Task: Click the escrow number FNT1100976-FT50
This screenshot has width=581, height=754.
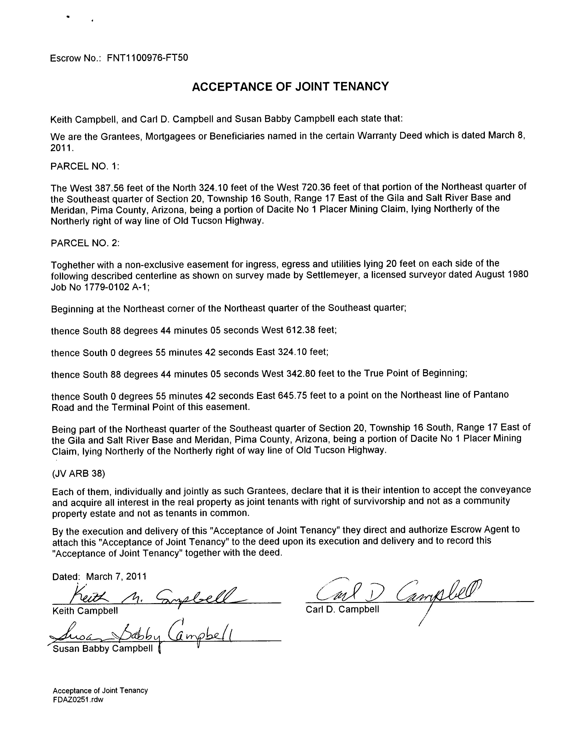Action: point(147,58)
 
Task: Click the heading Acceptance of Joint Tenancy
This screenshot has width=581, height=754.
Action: point(290,86)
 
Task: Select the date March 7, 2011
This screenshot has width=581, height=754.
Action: point(116,576)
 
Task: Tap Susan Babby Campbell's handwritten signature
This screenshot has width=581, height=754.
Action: point(141,634)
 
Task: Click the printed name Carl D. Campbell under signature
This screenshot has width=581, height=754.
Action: point(342,609)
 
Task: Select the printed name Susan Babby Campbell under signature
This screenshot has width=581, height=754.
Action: point(103,648)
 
